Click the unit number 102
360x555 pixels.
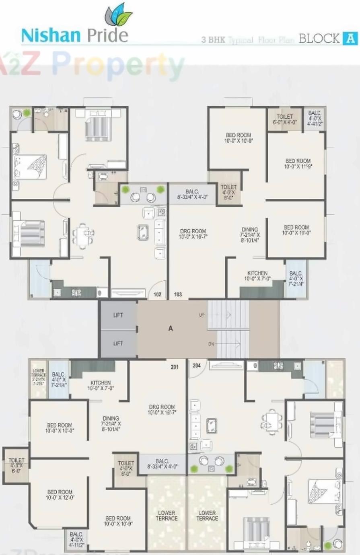click(157, 294)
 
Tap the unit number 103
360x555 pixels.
click(178, 294)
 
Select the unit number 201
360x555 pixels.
click(175, 367)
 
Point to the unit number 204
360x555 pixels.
click(197, 366)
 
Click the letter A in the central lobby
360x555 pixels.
click(171, 329)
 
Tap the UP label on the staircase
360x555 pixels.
click(202, 315)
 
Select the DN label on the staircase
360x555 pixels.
click(212, 344)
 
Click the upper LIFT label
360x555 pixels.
click(118, 315)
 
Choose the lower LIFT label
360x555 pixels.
click(118, 343)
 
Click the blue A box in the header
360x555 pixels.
click(350, 38)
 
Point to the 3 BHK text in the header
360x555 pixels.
click(213, 40)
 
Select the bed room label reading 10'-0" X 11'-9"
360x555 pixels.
click(298, 163)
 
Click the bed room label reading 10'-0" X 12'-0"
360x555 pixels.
click(60, 495)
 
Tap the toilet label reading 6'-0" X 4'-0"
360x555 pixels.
click(285, 119)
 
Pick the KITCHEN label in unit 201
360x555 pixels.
click(101, 385)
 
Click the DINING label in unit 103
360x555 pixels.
click(250, 235)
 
